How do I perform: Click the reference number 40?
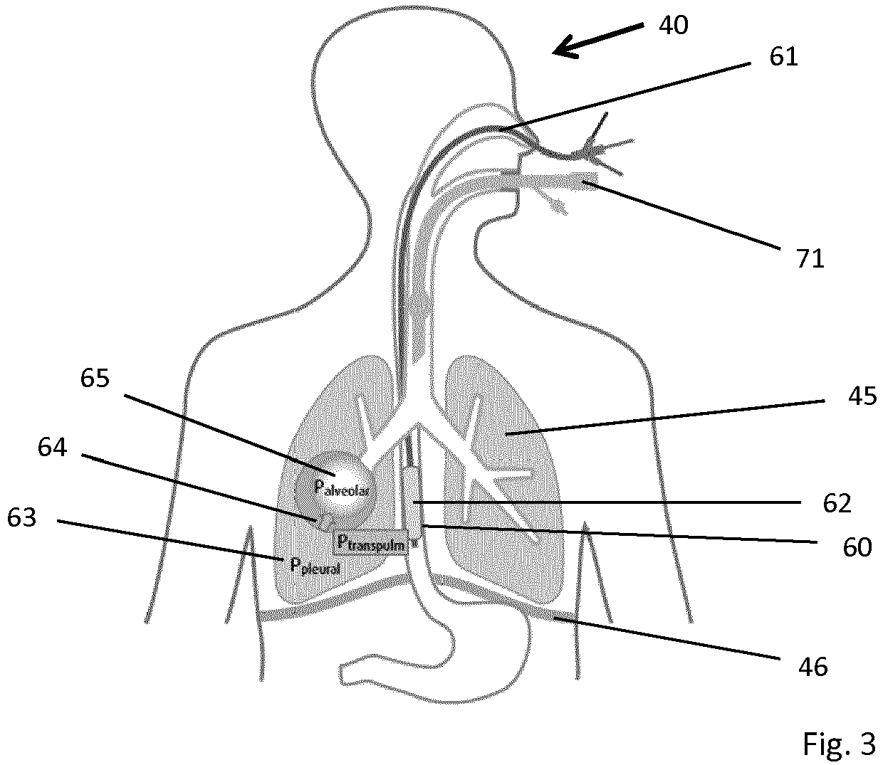(674, 25)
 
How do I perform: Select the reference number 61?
(784, 56)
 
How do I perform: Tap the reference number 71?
(810, 259)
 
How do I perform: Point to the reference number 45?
(862, 396)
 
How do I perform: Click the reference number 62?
(837, 503)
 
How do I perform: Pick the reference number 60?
(857, 547)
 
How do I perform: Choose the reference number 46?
(813, 666)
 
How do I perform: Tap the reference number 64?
(53, 447)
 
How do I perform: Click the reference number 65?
(95, 378)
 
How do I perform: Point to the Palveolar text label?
(342, 488)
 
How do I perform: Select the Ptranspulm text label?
(371, 543)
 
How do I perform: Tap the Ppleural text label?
(315, 567)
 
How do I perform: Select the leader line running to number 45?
(664, 418)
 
